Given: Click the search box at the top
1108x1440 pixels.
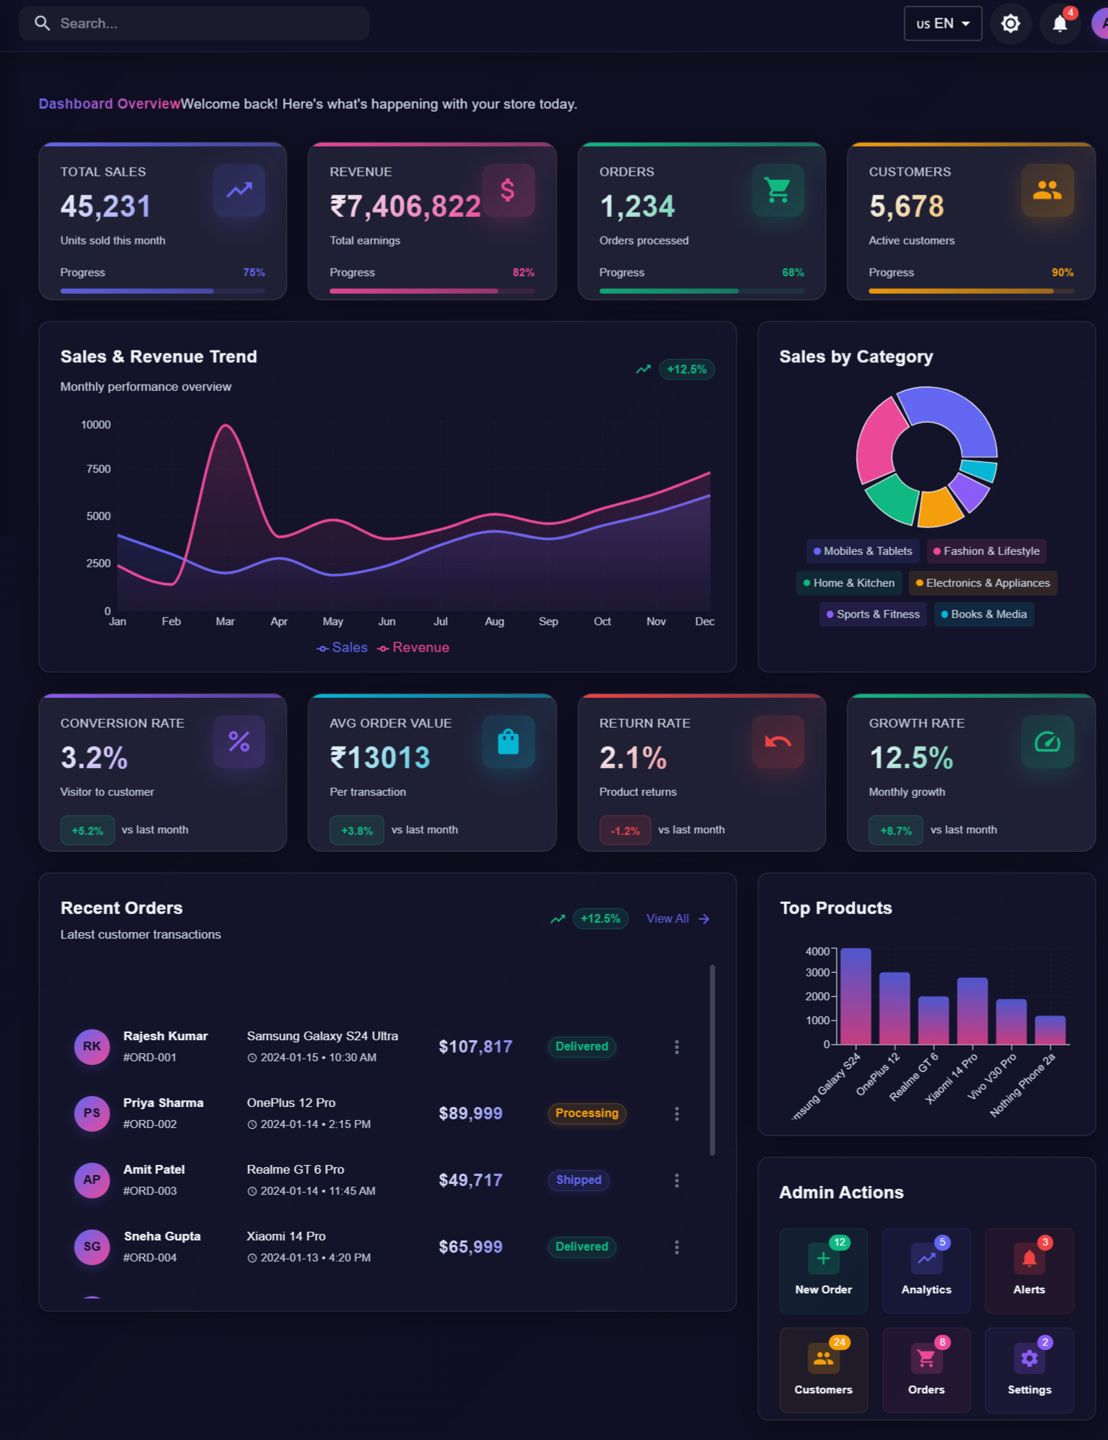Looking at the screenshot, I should point(194,23).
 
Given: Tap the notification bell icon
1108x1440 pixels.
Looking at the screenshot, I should point(1059,24).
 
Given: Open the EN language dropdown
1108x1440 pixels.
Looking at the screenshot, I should point(942,24).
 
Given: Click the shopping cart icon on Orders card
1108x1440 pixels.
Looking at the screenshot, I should point(777,190).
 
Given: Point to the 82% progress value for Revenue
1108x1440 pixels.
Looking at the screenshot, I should point(523,273).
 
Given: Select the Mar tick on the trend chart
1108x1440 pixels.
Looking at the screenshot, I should point(225,622).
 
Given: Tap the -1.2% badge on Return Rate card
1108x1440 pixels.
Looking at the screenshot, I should point(625,831).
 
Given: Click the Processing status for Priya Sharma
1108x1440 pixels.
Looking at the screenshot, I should point(586,1114).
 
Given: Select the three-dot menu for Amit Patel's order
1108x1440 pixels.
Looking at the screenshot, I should point(676,1180).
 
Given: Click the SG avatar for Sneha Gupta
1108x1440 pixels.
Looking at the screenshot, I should point(92,1247).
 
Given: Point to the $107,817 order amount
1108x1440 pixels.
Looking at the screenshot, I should point(475,1047).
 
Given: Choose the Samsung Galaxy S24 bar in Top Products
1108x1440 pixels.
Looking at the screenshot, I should point(855,995).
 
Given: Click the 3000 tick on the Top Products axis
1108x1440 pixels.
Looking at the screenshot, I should point(818,973).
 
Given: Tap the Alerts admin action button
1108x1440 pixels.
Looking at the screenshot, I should point(1028,1270).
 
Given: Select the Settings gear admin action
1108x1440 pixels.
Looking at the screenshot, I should point(1028,1370).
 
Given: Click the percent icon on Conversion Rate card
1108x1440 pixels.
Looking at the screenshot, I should point(239,741).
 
